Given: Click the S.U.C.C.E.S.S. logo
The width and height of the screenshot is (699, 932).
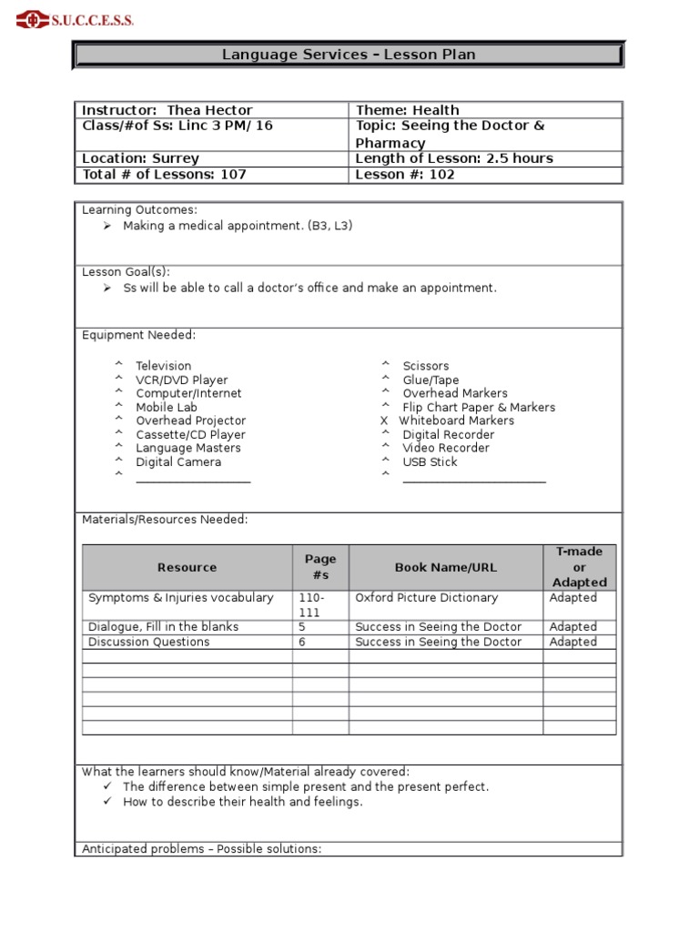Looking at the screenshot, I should coord(75,19).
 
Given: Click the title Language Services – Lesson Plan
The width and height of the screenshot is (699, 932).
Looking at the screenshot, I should coord(349,56).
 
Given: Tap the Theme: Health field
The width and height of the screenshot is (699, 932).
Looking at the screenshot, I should coord(407,110).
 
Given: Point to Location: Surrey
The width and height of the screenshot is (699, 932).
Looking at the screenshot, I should coord(140,158).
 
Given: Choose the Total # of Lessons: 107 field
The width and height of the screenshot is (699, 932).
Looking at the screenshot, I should coord(164,175).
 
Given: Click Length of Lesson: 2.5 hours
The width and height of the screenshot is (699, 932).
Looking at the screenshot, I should coord(453,158).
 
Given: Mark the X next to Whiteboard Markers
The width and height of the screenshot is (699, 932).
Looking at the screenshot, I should coord(384,421).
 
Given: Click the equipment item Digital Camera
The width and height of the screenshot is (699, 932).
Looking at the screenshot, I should coord(178,462).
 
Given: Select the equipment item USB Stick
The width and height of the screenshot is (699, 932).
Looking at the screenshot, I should coord(430,462).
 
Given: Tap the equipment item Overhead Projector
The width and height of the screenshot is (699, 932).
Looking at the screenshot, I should coord(190,421).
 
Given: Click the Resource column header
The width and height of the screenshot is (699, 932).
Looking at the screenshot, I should coord(187,568).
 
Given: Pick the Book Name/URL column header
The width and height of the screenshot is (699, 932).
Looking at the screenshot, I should coord(445,568).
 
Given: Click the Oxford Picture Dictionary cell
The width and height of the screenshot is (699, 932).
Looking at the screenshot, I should coord(426,598).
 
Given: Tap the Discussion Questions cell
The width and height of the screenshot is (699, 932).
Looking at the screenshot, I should coord(148,642).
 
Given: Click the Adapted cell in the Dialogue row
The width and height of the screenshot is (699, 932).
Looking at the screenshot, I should coord(573,627).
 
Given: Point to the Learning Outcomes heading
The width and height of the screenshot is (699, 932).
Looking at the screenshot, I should coord(139,210).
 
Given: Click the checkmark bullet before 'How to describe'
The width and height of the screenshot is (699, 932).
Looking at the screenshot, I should coord(106,802).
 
